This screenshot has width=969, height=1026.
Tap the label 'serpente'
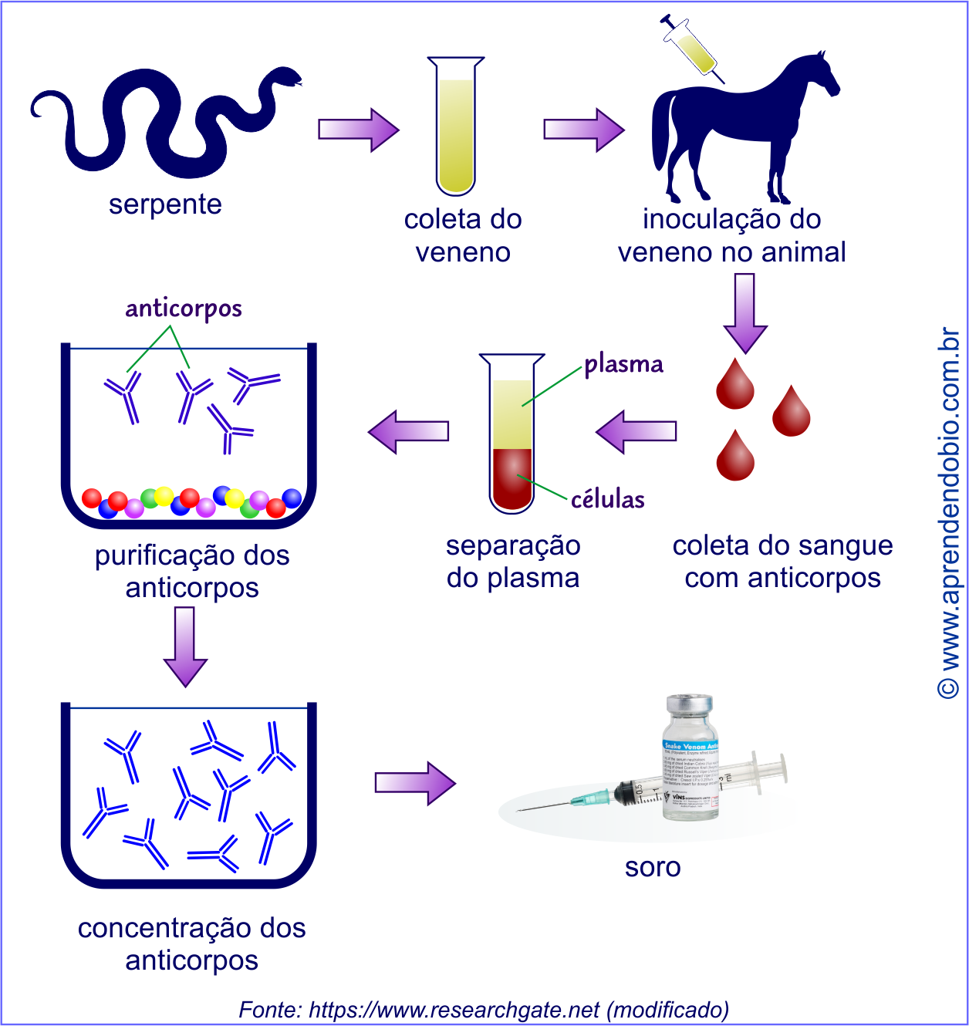pos(165,204)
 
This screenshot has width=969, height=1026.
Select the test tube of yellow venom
pos(456,127)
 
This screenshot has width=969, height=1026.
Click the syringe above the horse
pos(692,48)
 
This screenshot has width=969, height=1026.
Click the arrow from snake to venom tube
pos(358,129)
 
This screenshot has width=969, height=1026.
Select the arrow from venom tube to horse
pos(583,129)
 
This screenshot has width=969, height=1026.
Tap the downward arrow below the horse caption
pos(744,312)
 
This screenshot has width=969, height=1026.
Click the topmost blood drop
pos(734,385)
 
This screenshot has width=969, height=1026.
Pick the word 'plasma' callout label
pos(623,364)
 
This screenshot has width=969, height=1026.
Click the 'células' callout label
pos(608,499)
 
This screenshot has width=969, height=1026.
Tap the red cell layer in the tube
pos(512,478)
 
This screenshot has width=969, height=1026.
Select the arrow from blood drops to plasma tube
pos(636,430)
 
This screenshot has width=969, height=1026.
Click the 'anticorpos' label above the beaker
pos(184,309)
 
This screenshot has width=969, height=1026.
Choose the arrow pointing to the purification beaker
pos(408,430)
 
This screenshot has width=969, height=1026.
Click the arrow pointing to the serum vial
pos(415,782)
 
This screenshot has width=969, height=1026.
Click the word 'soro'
pos(653,867)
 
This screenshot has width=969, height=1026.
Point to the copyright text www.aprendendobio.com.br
pos(950,513)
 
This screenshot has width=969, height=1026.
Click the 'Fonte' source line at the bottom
pos(484,1009)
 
